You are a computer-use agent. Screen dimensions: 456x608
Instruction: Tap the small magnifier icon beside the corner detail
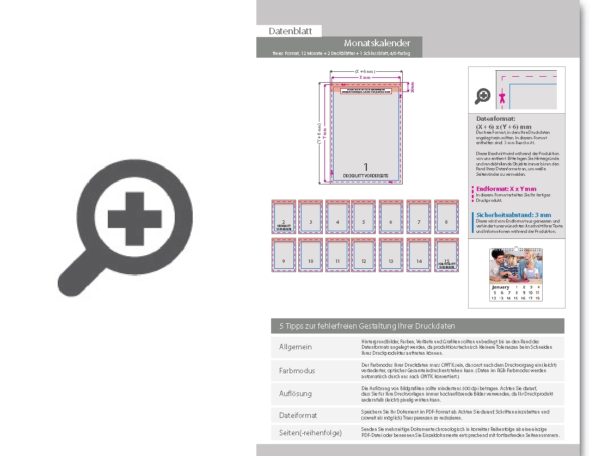(482, 96)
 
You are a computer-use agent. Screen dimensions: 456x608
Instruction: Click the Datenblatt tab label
(290, 31)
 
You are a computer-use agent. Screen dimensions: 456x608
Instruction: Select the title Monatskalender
(377, 43)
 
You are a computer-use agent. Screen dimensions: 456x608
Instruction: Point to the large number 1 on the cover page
(366, 167)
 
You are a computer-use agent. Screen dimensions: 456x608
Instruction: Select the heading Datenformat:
(495, 118)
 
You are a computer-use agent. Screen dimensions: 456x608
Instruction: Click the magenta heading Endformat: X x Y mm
(506, 189)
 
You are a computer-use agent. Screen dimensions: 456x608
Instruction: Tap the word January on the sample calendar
(500, 287)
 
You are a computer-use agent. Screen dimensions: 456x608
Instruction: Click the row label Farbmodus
(297, 371)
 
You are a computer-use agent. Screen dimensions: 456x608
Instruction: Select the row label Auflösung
(295, 393)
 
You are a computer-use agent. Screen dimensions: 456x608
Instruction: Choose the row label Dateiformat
(298, 415)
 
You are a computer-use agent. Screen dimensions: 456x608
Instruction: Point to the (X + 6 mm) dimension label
(365, 71)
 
